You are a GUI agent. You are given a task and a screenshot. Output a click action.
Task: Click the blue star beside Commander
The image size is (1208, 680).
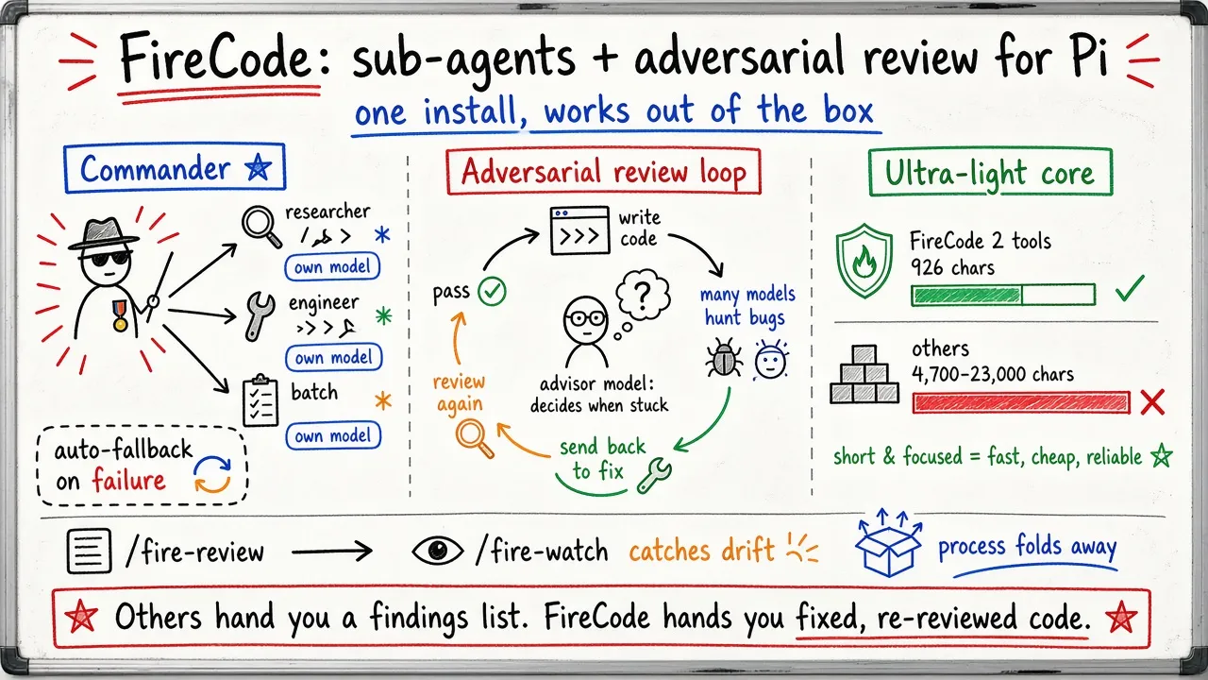258,167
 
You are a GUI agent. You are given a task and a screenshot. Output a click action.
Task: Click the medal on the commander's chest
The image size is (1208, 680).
120,315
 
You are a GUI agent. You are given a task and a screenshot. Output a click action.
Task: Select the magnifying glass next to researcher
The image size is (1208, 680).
261,227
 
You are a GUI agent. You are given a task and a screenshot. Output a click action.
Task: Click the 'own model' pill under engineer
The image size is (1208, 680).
334,357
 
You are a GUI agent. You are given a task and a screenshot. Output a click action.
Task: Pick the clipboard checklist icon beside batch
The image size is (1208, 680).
260,399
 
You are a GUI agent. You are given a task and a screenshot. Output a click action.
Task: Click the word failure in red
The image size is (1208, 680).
128,480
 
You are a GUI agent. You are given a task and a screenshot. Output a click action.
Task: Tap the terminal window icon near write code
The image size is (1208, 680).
579,230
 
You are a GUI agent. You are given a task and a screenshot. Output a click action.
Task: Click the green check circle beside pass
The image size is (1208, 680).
492,292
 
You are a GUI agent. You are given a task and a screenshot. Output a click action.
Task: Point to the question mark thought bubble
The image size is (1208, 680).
643,296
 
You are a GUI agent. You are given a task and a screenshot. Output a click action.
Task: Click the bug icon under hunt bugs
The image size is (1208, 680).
724,357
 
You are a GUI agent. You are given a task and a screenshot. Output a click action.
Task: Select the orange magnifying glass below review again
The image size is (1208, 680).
475,439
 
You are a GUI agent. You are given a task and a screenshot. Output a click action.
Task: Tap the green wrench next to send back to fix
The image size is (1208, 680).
654,475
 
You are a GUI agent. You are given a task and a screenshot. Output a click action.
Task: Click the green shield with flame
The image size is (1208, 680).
864,261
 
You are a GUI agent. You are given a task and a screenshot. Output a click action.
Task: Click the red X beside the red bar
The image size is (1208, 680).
1152,402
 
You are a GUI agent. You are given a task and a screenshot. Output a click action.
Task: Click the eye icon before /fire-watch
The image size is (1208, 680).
437,551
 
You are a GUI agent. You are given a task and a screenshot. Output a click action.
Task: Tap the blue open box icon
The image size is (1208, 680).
888,542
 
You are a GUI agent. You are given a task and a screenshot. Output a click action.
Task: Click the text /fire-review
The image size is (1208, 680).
194,552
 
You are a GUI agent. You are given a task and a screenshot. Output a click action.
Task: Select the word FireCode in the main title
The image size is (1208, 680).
214,58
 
